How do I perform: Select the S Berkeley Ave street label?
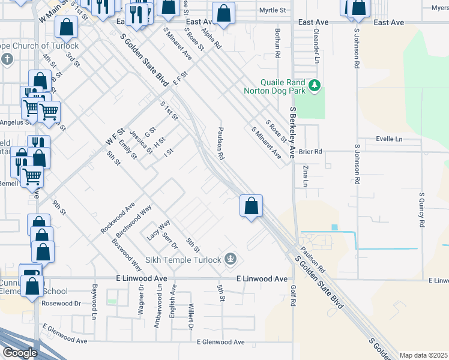click(x=294, y=132)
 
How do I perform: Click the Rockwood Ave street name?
click(x=118, y=218)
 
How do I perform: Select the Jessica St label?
click(x=142, y=142)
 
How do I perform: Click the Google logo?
click(x=20, y=353)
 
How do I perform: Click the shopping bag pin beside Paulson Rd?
click(x=251, y=206)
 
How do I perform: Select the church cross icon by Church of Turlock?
click(x=7, y=59)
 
